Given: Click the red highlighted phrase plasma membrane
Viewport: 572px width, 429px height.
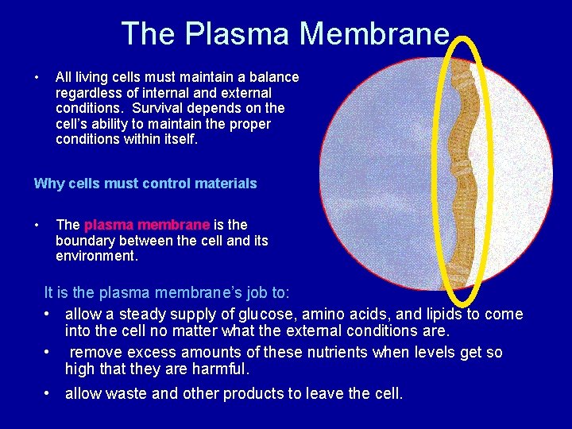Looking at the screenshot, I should [147, 225].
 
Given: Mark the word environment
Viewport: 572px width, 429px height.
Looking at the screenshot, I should [95, 257].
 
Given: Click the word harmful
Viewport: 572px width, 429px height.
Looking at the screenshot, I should [223, 369].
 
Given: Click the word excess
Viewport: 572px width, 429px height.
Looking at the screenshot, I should [145, 353].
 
